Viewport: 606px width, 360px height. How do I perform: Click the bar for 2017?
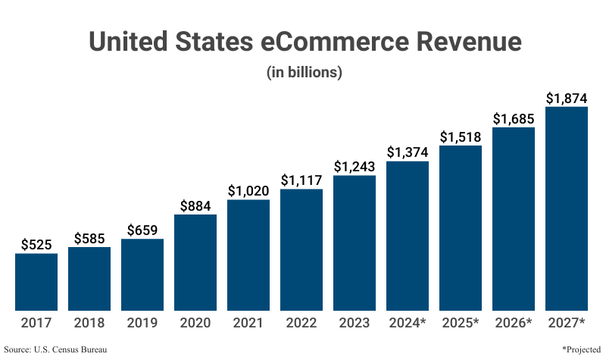[36, 281]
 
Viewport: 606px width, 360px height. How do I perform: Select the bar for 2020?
[195, 262]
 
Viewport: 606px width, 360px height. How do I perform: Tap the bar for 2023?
[355, 243]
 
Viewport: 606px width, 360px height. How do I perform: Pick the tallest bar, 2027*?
[567, 208]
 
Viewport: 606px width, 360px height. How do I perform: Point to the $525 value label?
[36, 245]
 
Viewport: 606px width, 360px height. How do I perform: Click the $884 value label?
[195, 205]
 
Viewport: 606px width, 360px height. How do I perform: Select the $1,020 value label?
[248, 191]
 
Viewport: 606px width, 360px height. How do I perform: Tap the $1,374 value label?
[408, 152]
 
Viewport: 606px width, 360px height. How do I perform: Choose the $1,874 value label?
[567, 99]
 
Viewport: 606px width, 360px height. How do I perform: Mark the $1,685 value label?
[514, 119]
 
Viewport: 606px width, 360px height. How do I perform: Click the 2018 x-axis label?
[89, 323]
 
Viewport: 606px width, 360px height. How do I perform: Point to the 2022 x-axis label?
[301, 323]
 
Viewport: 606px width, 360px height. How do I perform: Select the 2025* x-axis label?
[461, 323]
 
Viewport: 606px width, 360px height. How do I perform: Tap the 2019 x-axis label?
[142, 323]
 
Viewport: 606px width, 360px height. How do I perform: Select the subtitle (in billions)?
[305, 73]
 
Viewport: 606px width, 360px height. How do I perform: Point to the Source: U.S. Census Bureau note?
[55, 349]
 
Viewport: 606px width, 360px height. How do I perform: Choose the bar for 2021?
[248, 255]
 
